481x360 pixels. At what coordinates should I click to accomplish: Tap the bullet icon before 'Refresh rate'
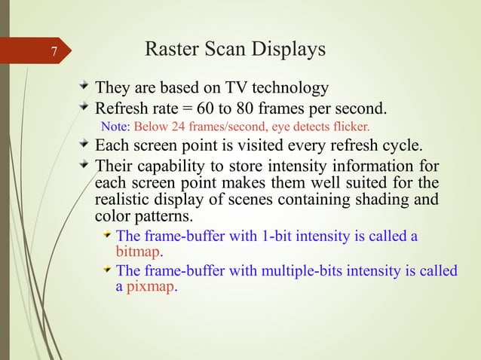click(x=83, y=104)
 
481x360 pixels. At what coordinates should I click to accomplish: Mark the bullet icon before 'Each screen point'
click(x=83, y=144)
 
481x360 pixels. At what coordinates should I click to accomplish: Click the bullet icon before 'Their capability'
click(x=83, y=163)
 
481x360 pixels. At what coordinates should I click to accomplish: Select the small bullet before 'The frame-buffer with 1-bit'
click(x=107, y=236)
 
